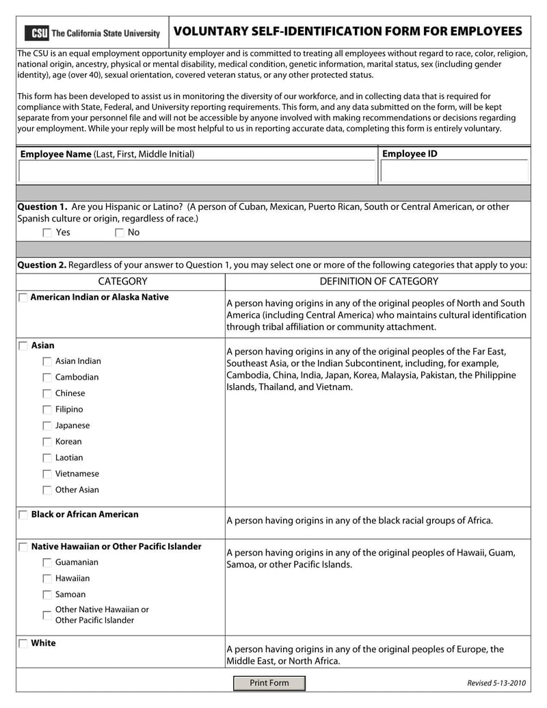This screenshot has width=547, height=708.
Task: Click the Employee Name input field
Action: [197, 172]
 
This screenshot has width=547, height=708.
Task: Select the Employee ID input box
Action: [454, 172]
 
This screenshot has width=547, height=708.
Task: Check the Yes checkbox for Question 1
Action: [47, 233]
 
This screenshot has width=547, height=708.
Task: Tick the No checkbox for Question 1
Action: [120, 233]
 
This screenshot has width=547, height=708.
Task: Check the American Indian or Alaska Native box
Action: [23, 298]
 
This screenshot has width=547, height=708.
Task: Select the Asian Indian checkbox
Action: [47, 361]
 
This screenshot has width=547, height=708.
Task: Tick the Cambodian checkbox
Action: [47, 378]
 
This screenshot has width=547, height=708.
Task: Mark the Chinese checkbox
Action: [47, 393]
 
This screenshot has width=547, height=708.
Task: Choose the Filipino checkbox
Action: [47, 410]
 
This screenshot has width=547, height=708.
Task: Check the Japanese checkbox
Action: [47, 425]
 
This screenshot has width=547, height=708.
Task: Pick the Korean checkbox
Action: [47, 442]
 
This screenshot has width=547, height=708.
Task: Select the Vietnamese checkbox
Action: [47, 474]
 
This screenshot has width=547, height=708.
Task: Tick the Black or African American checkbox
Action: [23, 514]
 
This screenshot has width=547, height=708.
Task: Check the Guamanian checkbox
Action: [47, 562]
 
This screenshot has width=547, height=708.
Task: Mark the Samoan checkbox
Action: [47, 594]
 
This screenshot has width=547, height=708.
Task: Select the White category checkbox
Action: [23, 644]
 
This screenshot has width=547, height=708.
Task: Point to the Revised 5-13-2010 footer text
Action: [496, 683]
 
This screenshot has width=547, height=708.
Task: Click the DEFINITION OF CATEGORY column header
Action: [379, 281]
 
